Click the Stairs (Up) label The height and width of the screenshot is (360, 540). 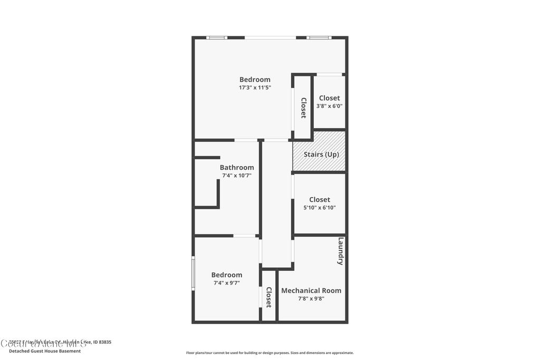point(321,154)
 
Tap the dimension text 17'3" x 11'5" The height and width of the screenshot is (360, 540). point(255,88)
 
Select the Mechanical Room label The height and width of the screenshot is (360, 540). point(311,290)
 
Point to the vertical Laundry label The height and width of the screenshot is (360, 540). point(341,251)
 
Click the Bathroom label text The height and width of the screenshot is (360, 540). point(237,168)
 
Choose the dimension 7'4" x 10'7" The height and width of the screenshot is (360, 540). point(237,176)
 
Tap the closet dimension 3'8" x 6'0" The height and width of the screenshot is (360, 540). point(329,106)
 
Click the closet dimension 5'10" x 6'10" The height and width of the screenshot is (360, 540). point(320,208)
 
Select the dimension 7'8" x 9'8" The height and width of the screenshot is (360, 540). point(311,298)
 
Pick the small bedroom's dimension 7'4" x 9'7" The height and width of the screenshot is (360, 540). point(227,283)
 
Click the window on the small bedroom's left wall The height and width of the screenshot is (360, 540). point(193,273)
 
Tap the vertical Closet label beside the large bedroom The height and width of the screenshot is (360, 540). point(303,108)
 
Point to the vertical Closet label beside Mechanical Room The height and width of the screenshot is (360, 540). point(268,297)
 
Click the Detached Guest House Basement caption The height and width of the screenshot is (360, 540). point(45,351)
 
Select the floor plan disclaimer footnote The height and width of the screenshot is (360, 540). point(269,353)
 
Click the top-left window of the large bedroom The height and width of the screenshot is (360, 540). point(216,37)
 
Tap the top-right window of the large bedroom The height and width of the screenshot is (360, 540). point(319,37)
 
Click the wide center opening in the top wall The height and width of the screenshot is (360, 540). point(270,37)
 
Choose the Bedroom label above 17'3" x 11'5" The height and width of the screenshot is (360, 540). point(255,80)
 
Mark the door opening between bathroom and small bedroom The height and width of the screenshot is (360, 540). point(245,236)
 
